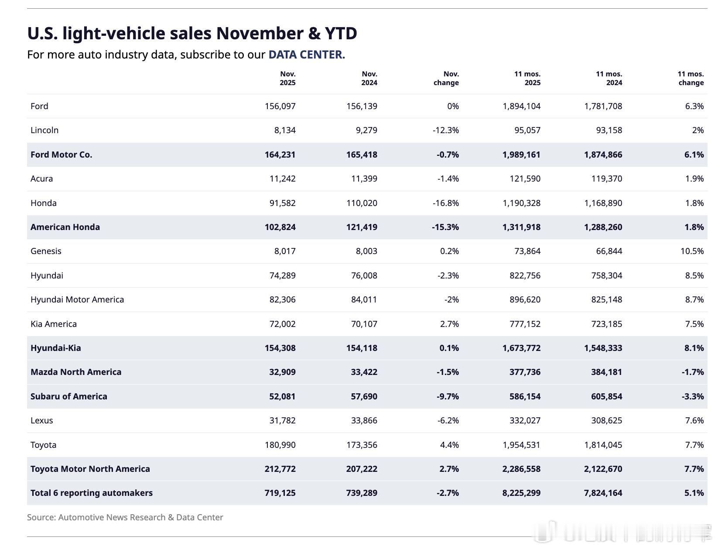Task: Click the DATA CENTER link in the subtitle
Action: click(306, 55)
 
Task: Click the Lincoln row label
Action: click(44, 130)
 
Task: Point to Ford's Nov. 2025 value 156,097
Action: click(280, 106)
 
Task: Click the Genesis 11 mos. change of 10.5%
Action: click(692, 251)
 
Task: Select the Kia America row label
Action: click(54, 324)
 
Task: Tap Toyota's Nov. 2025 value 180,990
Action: click(280, 445)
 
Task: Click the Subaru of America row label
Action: click(69, 396)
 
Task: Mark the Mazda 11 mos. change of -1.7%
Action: click(693, 372)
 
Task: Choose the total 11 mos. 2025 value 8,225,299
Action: click(521, 493)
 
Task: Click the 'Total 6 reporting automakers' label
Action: click(92, 493)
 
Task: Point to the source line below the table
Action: click(125, 517)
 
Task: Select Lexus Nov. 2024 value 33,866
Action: click(364, 420)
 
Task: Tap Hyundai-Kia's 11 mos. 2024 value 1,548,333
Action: click(603, 348)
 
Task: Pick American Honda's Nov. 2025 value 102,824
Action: click(280, 227)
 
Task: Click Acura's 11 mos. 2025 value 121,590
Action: click(525, 179)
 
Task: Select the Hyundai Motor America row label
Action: click(77, 299)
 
